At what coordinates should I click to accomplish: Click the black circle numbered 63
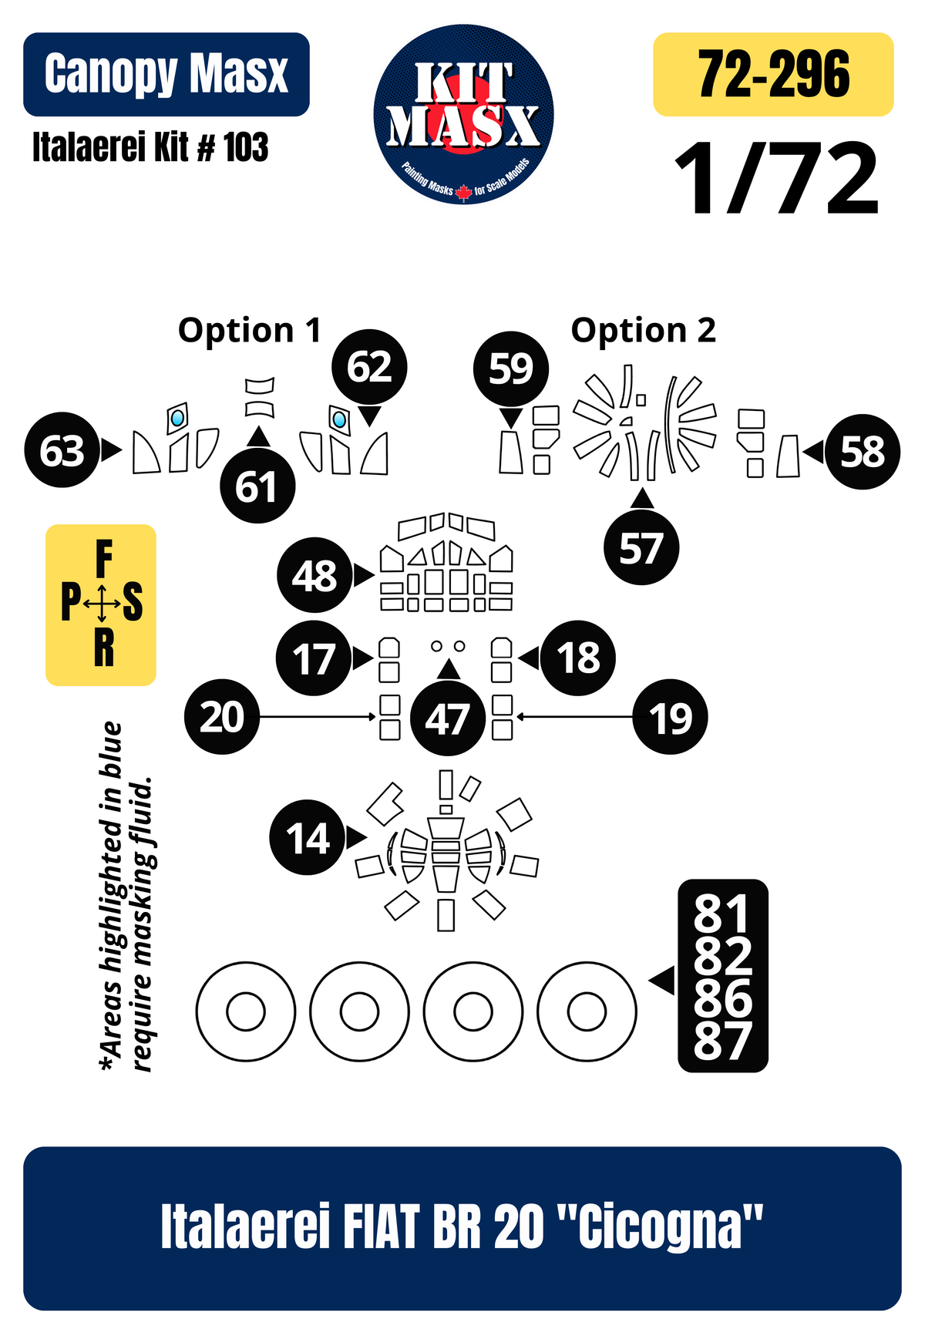[x=62, y=450]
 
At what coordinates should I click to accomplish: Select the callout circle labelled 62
[x=369, y=367]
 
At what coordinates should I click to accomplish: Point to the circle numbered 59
[x=510, y=369]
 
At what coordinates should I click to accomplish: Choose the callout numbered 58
[x=863, y=452]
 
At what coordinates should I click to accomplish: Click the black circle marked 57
[x=641, y=547]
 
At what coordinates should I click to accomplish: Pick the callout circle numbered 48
[x=314, y=575]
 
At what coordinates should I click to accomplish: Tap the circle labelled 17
[x=314, y=658]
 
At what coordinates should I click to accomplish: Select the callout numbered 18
[x=578, y=658]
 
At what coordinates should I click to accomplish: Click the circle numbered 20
[x=222, y=717]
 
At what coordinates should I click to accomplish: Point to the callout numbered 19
[x=670, y=717]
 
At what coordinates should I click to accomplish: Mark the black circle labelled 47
[x=448, y=718]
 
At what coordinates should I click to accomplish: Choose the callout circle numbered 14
[x=308, y=838]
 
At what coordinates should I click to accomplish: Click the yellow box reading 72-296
[x=773, y=74]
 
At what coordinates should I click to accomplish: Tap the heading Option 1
[x=249, y=331]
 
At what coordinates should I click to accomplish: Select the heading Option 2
[x=644, y=331]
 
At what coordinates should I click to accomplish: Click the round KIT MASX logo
[x=463, y=114]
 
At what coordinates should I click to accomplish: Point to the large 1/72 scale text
[x=776, y=179]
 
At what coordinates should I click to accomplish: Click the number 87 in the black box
[x=722, y=1041]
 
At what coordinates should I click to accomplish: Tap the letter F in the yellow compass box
[x=104, y=559]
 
